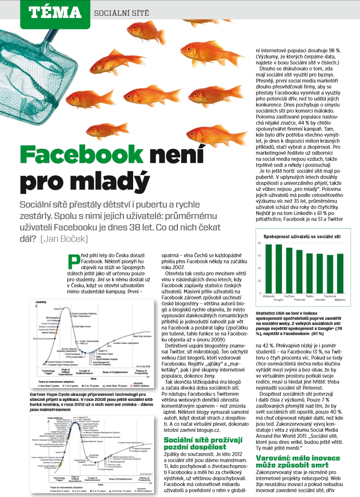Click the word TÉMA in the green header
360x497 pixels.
click(55, 11)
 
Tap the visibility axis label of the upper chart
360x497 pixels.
click(41, 302)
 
